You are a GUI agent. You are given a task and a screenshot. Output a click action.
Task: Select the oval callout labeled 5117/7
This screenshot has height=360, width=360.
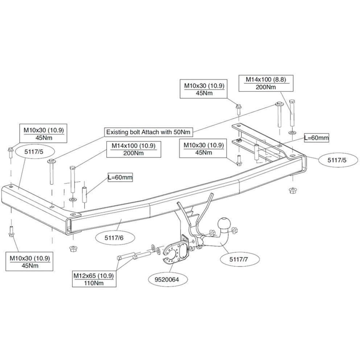point(239,260)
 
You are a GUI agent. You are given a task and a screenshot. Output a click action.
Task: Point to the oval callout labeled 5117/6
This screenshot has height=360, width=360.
point(117,238)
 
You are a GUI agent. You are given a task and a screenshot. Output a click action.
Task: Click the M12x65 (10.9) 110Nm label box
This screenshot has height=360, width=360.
point(94,279)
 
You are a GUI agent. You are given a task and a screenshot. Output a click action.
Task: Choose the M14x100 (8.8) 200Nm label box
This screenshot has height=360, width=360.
point(266,83)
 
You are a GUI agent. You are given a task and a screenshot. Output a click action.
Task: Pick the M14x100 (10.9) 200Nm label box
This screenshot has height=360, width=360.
point(134,149)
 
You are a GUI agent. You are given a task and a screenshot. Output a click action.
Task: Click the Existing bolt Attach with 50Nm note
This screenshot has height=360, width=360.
point(148,132)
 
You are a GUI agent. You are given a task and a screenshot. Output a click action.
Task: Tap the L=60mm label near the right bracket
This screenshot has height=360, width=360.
point(316,138)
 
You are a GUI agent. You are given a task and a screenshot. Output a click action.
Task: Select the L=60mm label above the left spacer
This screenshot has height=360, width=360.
point(120,177)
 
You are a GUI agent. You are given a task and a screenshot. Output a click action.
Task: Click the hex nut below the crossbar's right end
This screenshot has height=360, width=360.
point(292,190)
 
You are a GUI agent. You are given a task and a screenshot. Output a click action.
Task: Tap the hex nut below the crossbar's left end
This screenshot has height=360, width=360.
point(73,248)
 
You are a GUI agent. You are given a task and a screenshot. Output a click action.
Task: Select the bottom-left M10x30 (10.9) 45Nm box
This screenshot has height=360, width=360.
point(29,262)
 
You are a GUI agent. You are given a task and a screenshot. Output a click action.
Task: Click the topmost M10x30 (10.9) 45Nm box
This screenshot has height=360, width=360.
point(204,89)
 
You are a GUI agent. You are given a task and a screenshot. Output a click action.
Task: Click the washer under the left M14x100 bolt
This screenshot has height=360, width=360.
point(73,199)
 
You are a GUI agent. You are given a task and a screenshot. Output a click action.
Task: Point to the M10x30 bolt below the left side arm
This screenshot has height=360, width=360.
point(11,231)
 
